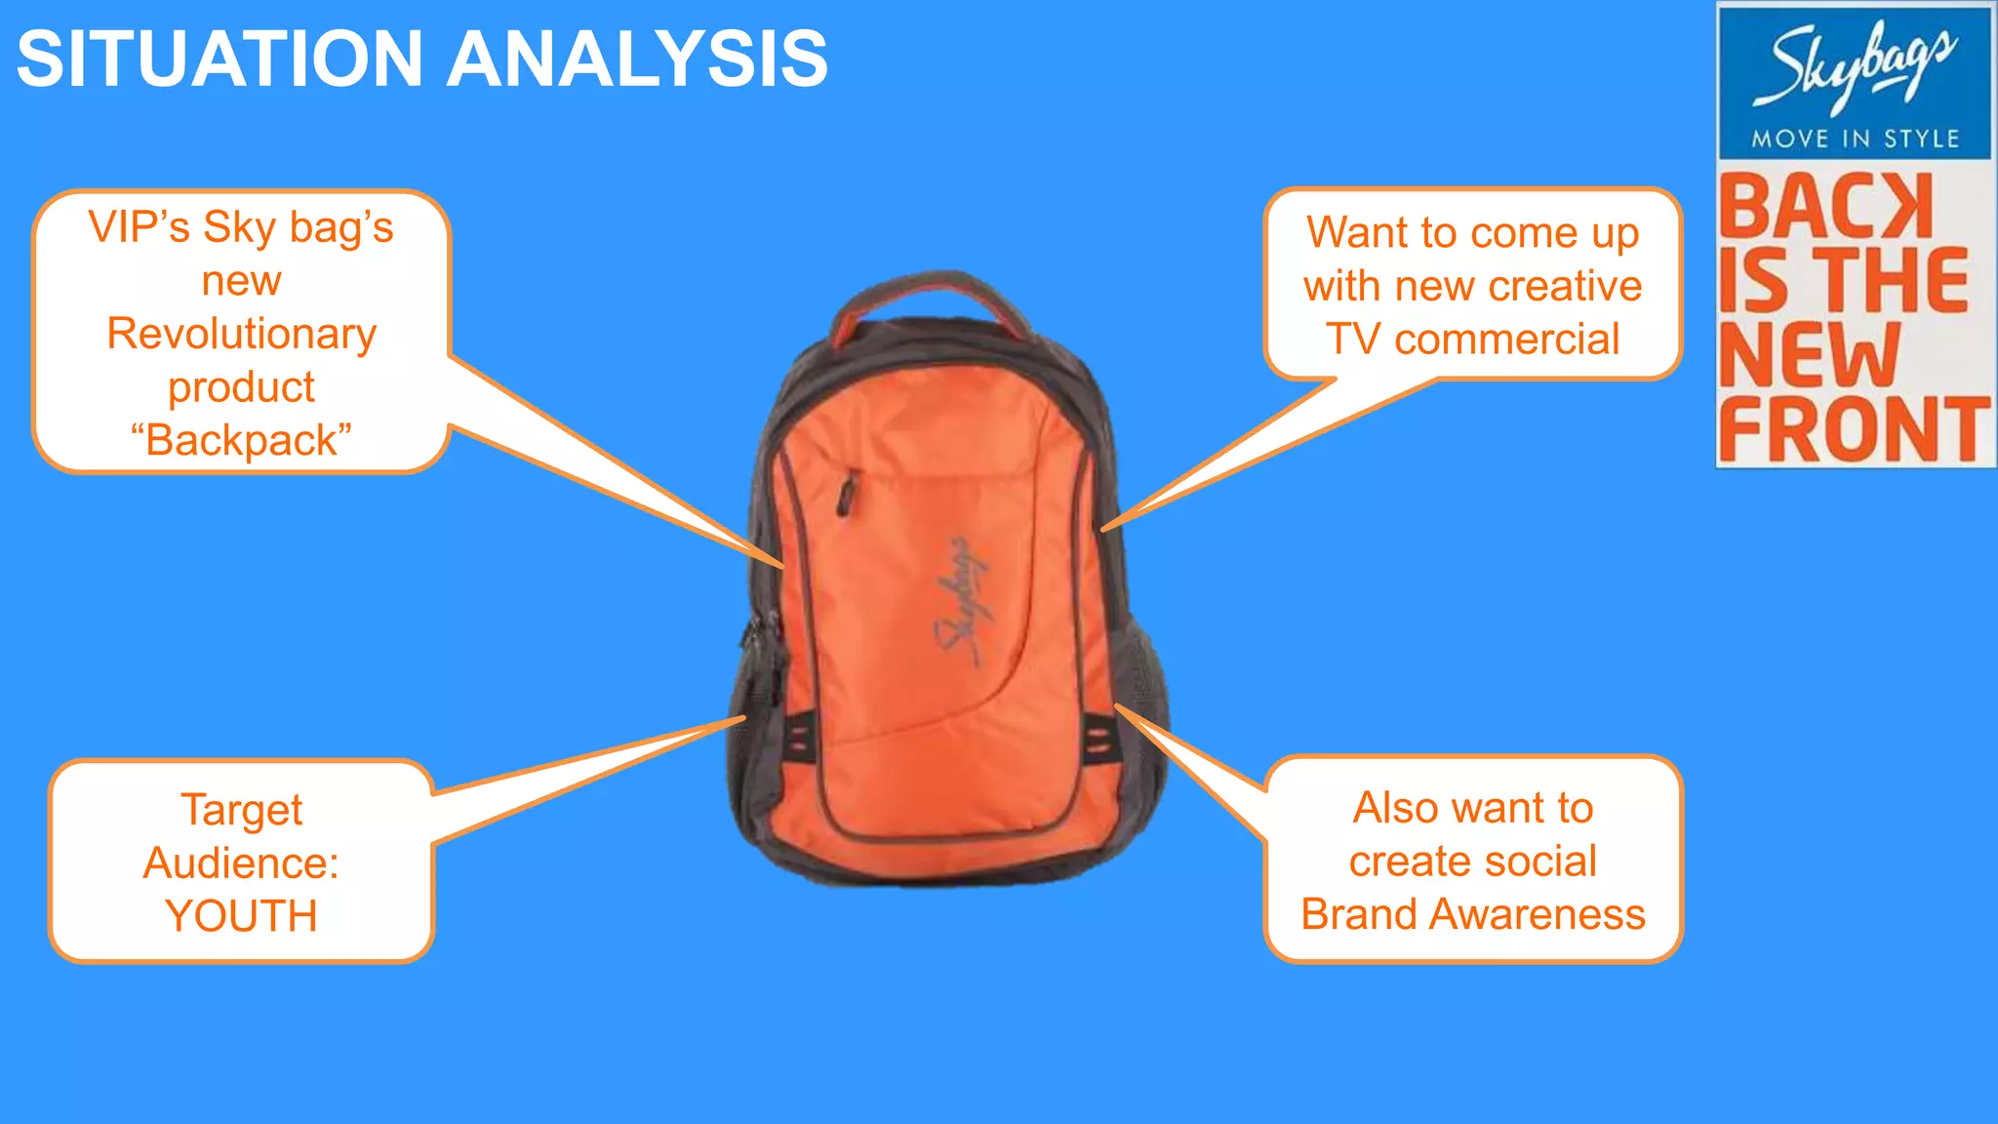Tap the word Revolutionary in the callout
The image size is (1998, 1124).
[x=241, y=334]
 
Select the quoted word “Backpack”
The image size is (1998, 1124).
[x=241, y=440]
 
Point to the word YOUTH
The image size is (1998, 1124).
[x=241, y=916]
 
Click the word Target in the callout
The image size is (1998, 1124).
[x=241, y=810]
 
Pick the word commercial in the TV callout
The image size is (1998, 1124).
[x=1506, y=340]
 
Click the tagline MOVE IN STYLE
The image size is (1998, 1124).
[x=1855, y=139]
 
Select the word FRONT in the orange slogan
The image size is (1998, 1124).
[x=1854, y=428]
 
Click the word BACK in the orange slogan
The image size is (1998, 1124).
[x=1824, y=207]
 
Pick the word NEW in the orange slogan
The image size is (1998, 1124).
[x=1810, y=355]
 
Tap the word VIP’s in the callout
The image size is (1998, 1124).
[x=139, y=227]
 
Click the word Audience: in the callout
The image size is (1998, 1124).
[x=241, y=863]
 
